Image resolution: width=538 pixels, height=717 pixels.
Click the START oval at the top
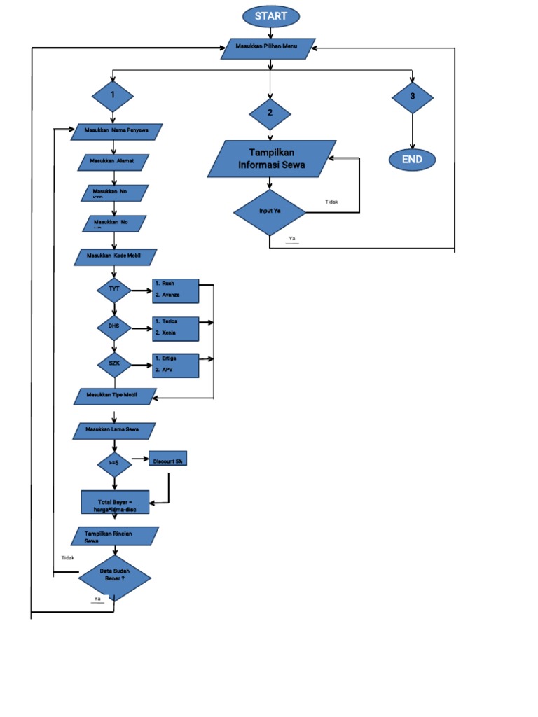coord(270,16)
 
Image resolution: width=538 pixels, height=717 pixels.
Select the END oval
coord(412,160)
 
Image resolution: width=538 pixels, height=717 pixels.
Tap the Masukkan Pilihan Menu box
coord(268,48)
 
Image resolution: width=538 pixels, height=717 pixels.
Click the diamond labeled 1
coord(112,95)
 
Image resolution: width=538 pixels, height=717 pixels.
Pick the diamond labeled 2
coord(270,113)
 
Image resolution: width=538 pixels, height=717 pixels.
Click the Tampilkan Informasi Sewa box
coord(271,159)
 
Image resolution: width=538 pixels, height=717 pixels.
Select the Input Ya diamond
coord(269,211)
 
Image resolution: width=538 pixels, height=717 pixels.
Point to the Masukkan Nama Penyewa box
coord(117,132)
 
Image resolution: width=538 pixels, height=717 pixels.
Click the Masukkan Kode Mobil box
coord(116,257)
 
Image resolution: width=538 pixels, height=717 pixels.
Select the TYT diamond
coord(114,288)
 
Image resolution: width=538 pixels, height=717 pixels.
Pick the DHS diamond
coord(114,326)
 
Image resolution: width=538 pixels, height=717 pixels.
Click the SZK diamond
coord(114,363)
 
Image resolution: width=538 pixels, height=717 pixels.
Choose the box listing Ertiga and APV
coord(175,364)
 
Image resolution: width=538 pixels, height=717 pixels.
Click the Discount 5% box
coord(168,460)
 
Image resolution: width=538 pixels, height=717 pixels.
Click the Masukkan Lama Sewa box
coord(114,430)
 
